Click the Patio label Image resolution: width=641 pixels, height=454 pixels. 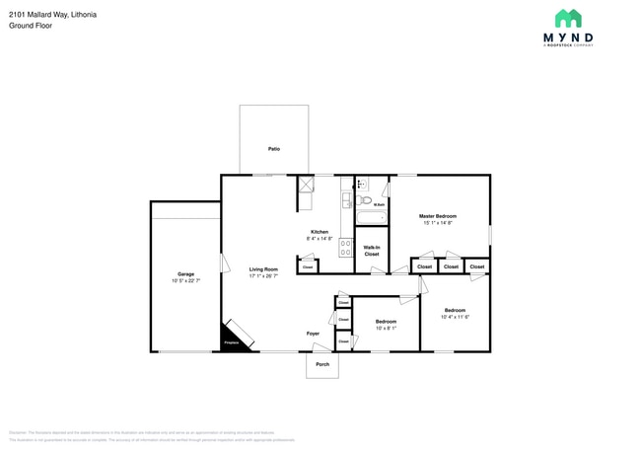[274, 149]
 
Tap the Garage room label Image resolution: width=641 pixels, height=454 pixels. [185, 273]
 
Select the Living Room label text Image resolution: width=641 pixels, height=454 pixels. [263, 269]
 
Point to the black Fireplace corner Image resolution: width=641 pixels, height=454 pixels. [232, 340]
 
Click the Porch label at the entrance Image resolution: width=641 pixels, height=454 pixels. [321, 364]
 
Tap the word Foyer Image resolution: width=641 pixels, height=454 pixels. [313, 334]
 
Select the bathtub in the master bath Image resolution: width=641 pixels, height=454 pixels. [372, 220]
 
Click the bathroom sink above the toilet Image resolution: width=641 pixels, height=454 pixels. [362, 184]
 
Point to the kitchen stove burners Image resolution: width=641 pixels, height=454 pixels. [346, 248]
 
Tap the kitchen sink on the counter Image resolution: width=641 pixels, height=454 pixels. [346, 200]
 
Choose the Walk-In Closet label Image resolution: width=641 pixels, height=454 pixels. [372, 251]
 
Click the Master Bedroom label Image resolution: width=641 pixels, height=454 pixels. [438, 216]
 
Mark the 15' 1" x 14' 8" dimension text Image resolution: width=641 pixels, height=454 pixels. [438, 223]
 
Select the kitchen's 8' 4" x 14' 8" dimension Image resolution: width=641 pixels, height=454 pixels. [320, 239]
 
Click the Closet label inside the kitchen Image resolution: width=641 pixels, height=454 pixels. [308, 267]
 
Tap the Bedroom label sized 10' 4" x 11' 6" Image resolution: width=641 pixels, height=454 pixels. [455, 310]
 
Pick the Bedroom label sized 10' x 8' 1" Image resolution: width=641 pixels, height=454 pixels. [386, 321]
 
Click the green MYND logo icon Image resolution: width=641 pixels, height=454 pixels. [568, 19]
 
